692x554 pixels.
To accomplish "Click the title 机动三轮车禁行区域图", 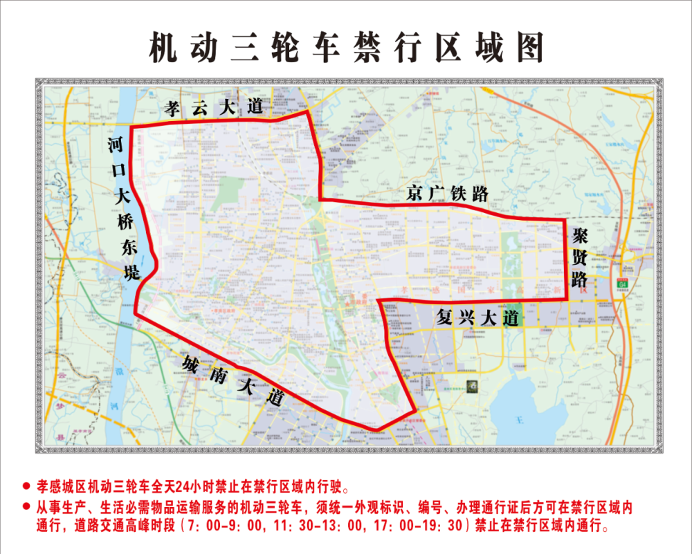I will pos(347,48).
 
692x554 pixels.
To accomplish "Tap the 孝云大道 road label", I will pos(215,107).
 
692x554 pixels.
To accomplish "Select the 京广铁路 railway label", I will pos(446,194).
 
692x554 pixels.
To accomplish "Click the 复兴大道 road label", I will pos(477,318).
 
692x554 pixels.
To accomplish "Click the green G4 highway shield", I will pos(623,283).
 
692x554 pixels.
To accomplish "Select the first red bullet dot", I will pos(26,486).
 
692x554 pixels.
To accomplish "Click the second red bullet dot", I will pos(26,506).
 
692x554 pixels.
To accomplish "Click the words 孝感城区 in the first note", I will pos(60,486).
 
